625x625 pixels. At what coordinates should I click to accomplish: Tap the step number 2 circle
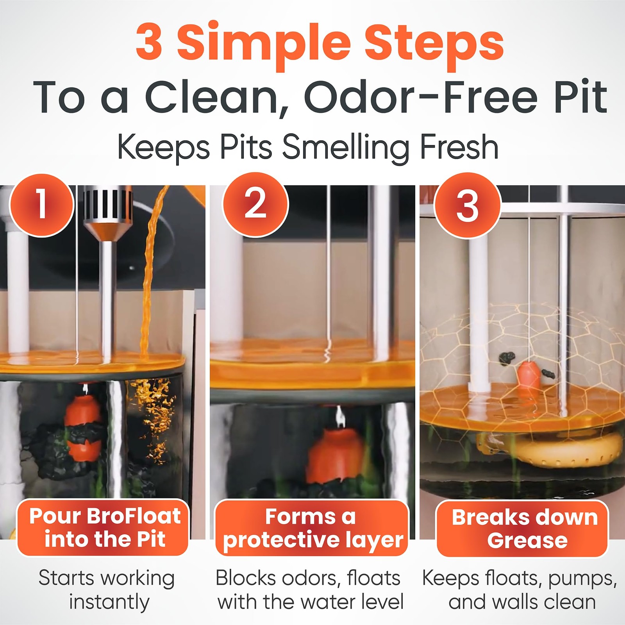[255, 204]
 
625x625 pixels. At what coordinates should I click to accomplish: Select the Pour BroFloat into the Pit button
[103, 527]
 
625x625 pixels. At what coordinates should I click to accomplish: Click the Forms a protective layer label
[312, 528]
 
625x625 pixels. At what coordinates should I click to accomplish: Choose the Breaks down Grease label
[523, 529]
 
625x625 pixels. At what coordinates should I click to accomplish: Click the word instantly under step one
[109, 602]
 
